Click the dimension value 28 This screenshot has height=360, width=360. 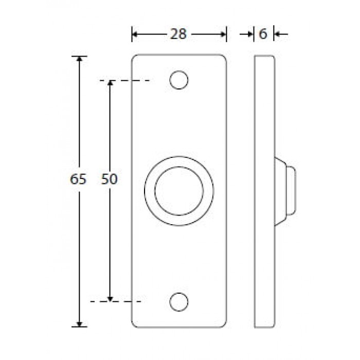pos(178,34)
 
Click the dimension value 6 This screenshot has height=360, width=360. pos(263,34)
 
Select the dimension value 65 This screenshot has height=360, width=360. pos(78,179)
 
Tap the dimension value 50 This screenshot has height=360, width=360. pos(109,179)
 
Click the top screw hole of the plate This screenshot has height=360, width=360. pos(179,80)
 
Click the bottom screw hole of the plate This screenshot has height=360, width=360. pos(179,302)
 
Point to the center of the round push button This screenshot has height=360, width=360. pos(179,191)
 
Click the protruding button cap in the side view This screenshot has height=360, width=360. pos(291,191)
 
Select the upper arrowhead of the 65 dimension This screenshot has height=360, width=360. pos(79,59)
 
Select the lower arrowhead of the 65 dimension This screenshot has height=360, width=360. pos(79,323)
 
